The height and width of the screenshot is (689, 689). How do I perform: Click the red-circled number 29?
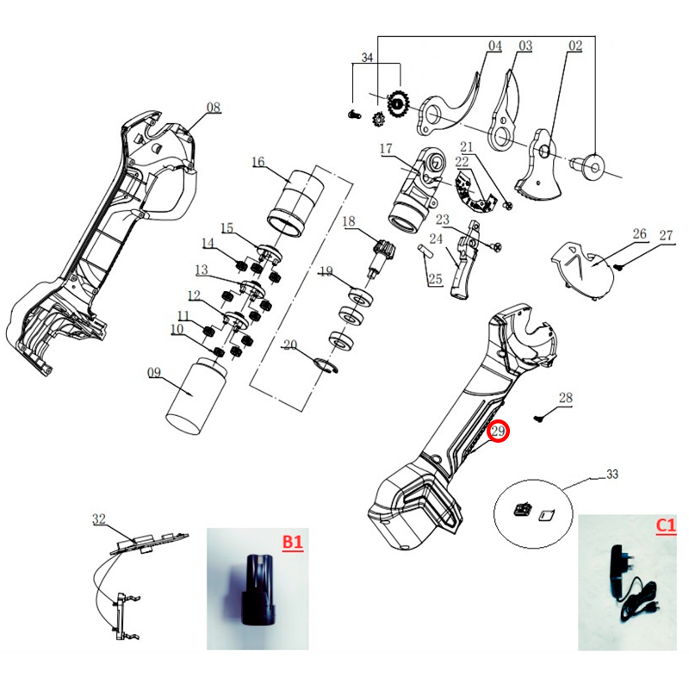pyautogui.click(x=498, y=431)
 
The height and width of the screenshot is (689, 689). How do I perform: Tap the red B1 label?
pyautogui.click(x=293, y=542)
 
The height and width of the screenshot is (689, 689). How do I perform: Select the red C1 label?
pyautogui.click(x=666, y=525)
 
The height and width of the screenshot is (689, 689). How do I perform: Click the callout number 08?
pyautogui.click(x=214, y=107)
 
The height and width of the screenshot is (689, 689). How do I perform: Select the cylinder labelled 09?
pyautogui.click(x=196, y=394)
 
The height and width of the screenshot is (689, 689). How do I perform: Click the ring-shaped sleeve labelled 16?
pyautogui.click(x=295, y=202)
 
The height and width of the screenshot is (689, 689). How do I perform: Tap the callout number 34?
pyautogui.click(x=367, y=57)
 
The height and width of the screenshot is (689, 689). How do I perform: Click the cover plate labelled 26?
pyautogui.click(x=582, y=271)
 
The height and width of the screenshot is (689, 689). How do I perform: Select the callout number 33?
pyautogui.click(x=612, y=475)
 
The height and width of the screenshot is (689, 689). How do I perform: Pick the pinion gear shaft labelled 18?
pyautogui.click(x=380, y=257)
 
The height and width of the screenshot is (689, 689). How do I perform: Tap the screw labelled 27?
pyautogui.click(x=619, y=267)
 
